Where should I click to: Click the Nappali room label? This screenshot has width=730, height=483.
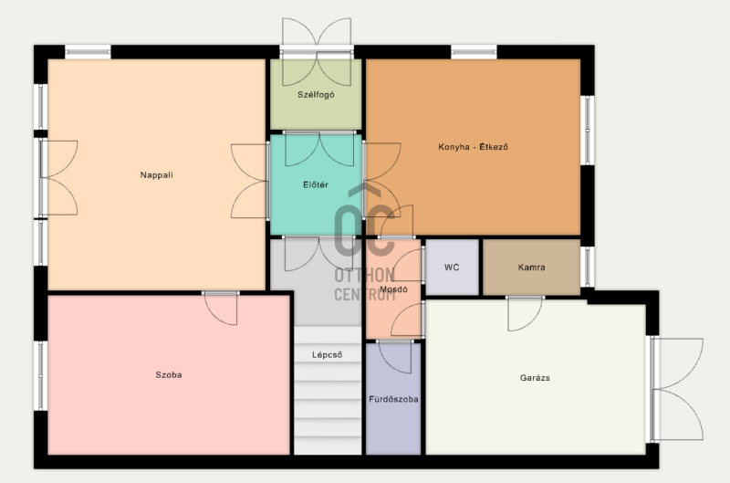point(156,175)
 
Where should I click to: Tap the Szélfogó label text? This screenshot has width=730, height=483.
point(316,95)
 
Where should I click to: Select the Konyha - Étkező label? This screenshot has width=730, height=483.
point(473,147)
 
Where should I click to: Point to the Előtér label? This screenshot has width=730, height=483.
point(316,185)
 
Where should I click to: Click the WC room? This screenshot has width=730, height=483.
point(452,268)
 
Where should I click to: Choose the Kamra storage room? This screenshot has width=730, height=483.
point(532,268)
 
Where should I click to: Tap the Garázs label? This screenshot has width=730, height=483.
point(535,378)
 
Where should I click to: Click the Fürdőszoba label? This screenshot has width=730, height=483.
point(393,399)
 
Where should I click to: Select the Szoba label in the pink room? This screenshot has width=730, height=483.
point(169,375)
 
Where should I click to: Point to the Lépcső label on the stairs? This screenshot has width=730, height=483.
point(328,355)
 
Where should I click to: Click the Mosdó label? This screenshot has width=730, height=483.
point(393,289)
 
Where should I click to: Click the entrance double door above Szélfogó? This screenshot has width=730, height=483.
point(317,52)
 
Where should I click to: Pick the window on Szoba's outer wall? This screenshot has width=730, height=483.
point(40,376)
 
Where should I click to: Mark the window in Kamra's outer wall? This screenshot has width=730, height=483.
point(588,267)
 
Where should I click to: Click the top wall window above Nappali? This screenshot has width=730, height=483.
point(88,52)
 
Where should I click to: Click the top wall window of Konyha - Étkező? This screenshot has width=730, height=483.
point(474,52)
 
